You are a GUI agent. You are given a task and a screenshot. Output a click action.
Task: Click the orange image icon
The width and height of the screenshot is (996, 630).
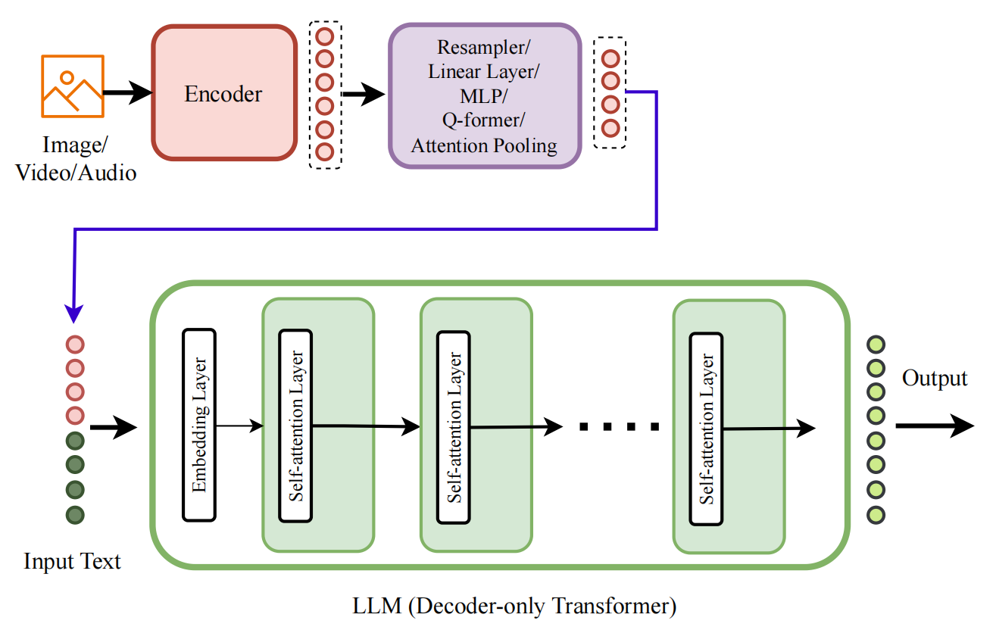point(73,86)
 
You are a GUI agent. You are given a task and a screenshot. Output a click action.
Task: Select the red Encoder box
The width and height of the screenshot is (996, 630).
point(223,94)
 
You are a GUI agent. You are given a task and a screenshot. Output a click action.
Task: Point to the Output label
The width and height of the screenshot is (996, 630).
point(934,378)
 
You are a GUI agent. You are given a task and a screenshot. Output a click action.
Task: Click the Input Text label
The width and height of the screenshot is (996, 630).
point(72,561)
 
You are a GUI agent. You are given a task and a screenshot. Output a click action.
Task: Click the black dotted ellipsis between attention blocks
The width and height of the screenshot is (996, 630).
point(618,427)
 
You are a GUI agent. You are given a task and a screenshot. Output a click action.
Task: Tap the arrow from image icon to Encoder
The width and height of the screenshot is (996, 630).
point(127,94)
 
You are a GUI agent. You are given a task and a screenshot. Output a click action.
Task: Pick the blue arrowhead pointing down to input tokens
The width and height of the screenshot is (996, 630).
point(74,313)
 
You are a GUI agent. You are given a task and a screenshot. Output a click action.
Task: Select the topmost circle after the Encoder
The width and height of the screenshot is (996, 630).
point(325,36)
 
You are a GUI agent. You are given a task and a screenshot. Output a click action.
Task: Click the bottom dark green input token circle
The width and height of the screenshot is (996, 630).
point(75,515)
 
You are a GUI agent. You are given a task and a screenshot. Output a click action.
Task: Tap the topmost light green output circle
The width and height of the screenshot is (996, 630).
point(876,345)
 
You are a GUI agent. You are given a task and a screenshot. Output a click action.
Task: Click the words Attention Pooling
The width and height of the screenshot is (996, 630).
point(484,145)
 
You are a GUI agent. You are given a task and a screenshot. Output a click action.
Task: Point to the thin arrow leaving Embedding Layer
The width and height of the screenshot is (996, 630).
point(239,426)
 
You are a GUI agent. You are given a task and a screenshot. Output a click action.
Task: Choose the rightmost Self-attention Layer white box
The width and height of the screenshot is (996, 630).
point(705,428)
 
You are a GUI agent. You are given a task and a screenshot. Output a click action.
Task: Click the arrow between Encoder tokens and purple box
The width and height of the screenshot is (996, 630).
point(364,95)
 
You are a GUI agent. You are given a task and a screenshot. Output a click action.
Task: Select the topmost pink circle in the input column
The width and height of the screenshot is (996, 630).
point(75,345)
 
